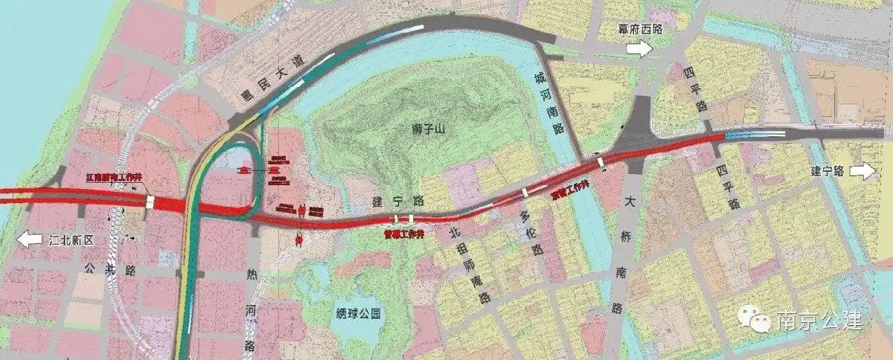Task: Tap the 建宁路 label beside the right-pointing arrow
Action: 827,171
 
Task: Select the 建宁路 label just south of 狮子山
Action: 387,201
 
